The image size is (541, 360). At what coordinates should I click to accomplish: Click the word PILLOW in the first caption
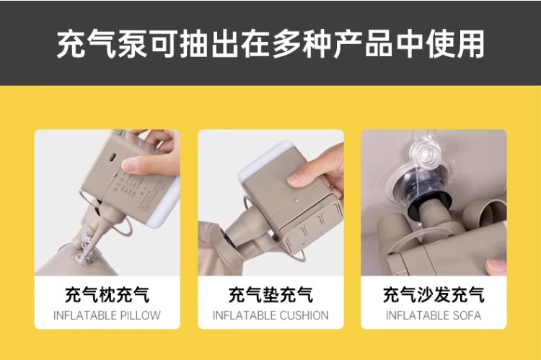140,315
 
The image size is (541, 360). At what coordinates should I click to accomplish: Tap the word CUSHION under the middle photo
302,315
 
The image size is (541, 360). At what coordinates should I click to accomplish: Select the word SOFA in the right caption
466,315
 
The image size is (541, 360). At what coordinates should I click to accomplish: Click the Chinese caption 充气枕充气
107,295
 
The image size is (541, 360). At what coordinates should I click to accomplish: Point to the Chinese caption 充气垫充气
270,295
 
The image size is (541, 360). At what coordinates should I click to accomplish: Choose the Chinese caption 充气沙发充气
434,295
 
